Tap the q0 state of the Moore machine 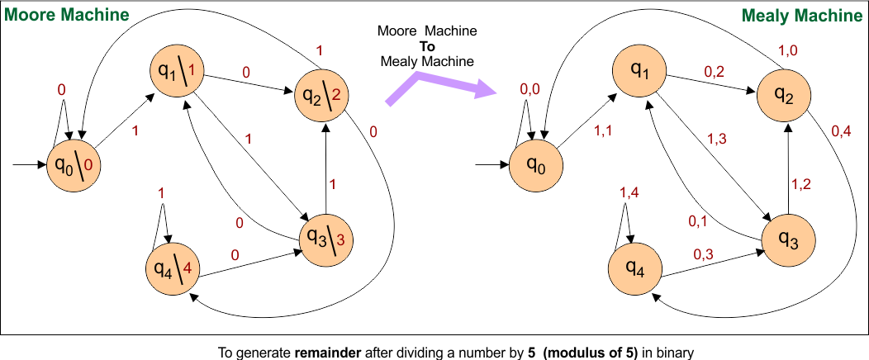[x=72, y=165]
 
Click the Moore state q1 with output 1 [x=177, y=73]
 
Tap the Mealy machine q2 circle [x=785, y=97]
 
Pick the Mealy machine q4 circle [x=635, y=268]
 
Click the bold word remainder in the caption [x=320, y=352]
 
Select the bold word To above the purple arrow [x=427, y=46]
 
